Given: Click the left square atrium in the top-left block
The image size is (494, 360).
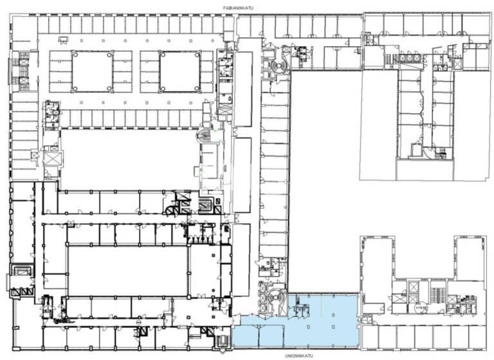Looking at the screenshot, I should [x=91, y=71].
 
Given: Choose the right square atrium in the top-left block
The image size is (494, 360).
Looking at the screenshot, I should [x=179, y=71].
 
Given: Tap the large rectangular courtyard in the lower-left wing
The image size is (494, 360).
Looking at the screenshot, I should [x=127, y=270].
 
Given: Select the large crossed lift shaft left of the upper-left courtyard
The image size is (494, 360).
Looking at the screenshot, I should [x=51, y=157].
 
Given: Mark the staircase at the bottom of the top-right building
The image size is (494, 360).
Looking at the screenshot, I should [x=441, y=154].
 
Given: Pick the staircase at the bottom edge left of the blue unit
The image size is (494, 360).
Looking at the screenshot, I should [x=223, y=339].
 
